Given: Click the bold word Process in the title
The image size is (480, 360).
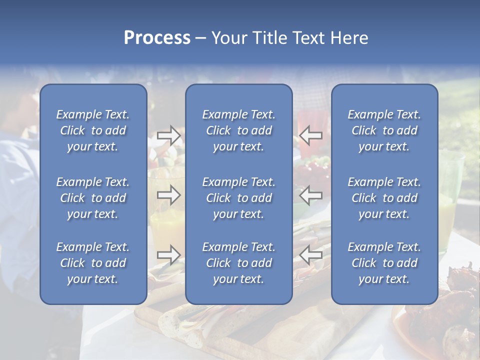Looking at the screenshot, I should pyautogui.click(x=157, y=38).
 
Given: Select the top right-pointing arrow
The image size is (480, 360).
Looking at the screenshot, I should pyautogui.click(x=168, y=135).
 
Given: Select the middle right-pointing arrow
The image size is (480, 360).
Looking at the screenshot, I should pyautogui.click(x=168, y=195).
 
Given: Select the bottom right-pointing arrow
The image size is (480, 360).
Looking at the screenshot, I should pyautogui.click(x=168, y=255).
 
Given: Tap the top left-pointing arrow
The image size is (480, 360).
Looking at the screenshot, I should pyautogui.click(x=310, y=135).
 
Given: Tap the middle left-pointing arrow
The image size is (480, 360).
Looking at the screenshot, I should pyautogui.click(x=310, y=195).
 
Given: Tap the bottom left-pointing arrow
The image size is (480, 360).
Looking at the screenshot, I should pyautogui.click(x=310, y=255).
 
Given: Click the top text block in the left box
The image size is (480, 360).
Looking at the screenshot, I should pyautogui.click(x=93, y=130).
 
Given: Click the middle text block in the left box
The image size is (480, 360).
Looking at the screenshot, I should pyautogui.click(x=93, y=198).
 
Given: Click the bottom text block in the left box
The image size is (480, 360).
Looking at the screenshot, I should pyautogui.click(x=93, y=263).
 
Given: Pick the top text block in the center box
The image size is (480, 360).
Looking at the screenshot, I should pyautogui.click(x=239, y=130).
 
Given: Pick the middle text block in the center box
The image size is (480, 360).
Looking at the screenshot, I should pyautogui.click(x=239, y=198).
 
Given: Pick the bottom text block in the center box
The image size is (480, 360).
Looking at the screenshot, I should pyautogui.click(x=239, y=263).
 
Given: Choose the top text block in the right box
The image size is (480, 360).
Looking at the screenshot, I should pyautogui.click(x=384, y=130).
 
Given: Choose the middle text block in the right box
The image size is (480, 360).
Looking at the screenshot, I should pyautogui.click(x=384, y=198).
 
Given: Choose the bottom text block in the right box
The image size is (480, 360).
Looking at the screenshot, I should pyautogui.click(x=384, y=263).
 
